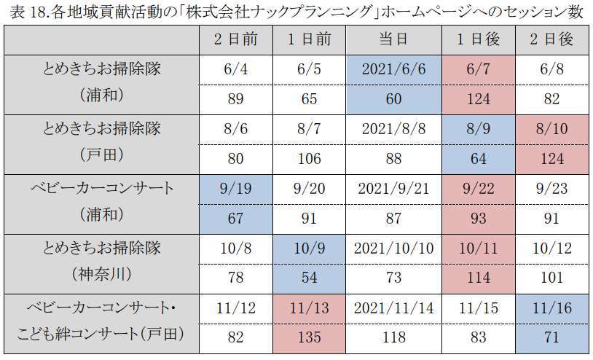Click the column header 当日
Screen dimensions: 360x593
pos(393,39)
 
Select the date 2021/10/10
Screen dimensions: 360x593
pos(393,249)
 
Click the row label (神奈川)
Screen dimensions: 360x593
pos(102,278)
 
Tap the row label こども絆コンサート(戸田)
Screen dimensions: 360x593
pos(102,337)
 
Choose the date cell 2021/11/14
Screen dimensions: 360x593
pos(393,308)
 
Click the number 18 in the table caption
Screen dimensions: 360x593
pos(30,11)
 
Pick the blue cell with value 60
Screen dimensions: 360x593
pos(393,98)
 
